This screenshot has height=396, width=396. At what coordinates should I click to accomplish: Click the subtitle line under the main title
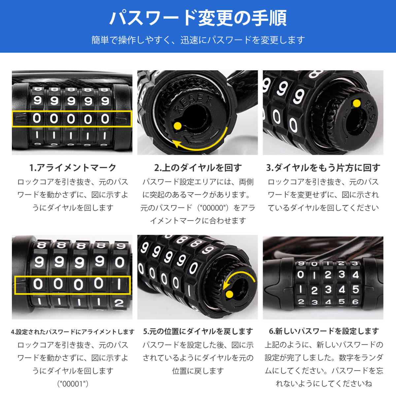(198, 40)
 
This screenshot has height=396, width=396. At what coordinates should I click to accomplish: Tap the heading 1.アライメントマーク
(73, 168)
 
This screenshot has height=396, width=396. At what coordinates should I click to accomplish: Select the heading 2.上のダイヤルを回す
(198, 168)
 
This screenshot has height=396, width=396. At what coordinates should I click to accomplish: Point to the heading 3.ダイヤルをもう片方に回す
(323, 168)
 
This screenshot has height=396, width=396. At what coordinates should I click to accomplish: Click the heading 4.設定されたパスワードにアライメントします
(73, 332)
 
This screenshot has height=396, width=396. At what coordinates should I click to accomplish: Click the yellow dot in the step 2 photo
(178, 125)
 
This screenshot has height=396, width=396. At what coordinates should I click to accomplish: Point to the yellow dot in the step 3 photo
(356, 104)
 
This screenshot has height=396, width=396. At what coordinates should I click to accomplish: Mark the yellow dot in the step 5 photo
(228, 294)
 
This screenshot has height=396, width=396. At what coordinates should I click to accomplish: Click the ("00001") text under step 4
(73, 383)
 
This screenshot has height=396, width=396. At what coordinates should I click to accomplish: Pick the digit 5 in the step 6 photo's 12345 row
(355, 289)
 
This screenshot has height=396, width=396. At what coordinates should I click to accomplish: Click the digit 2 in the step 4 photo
(119, 303)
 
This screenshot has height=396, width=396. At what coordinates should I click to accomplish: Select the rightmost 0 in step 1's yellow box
(105, 118)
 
